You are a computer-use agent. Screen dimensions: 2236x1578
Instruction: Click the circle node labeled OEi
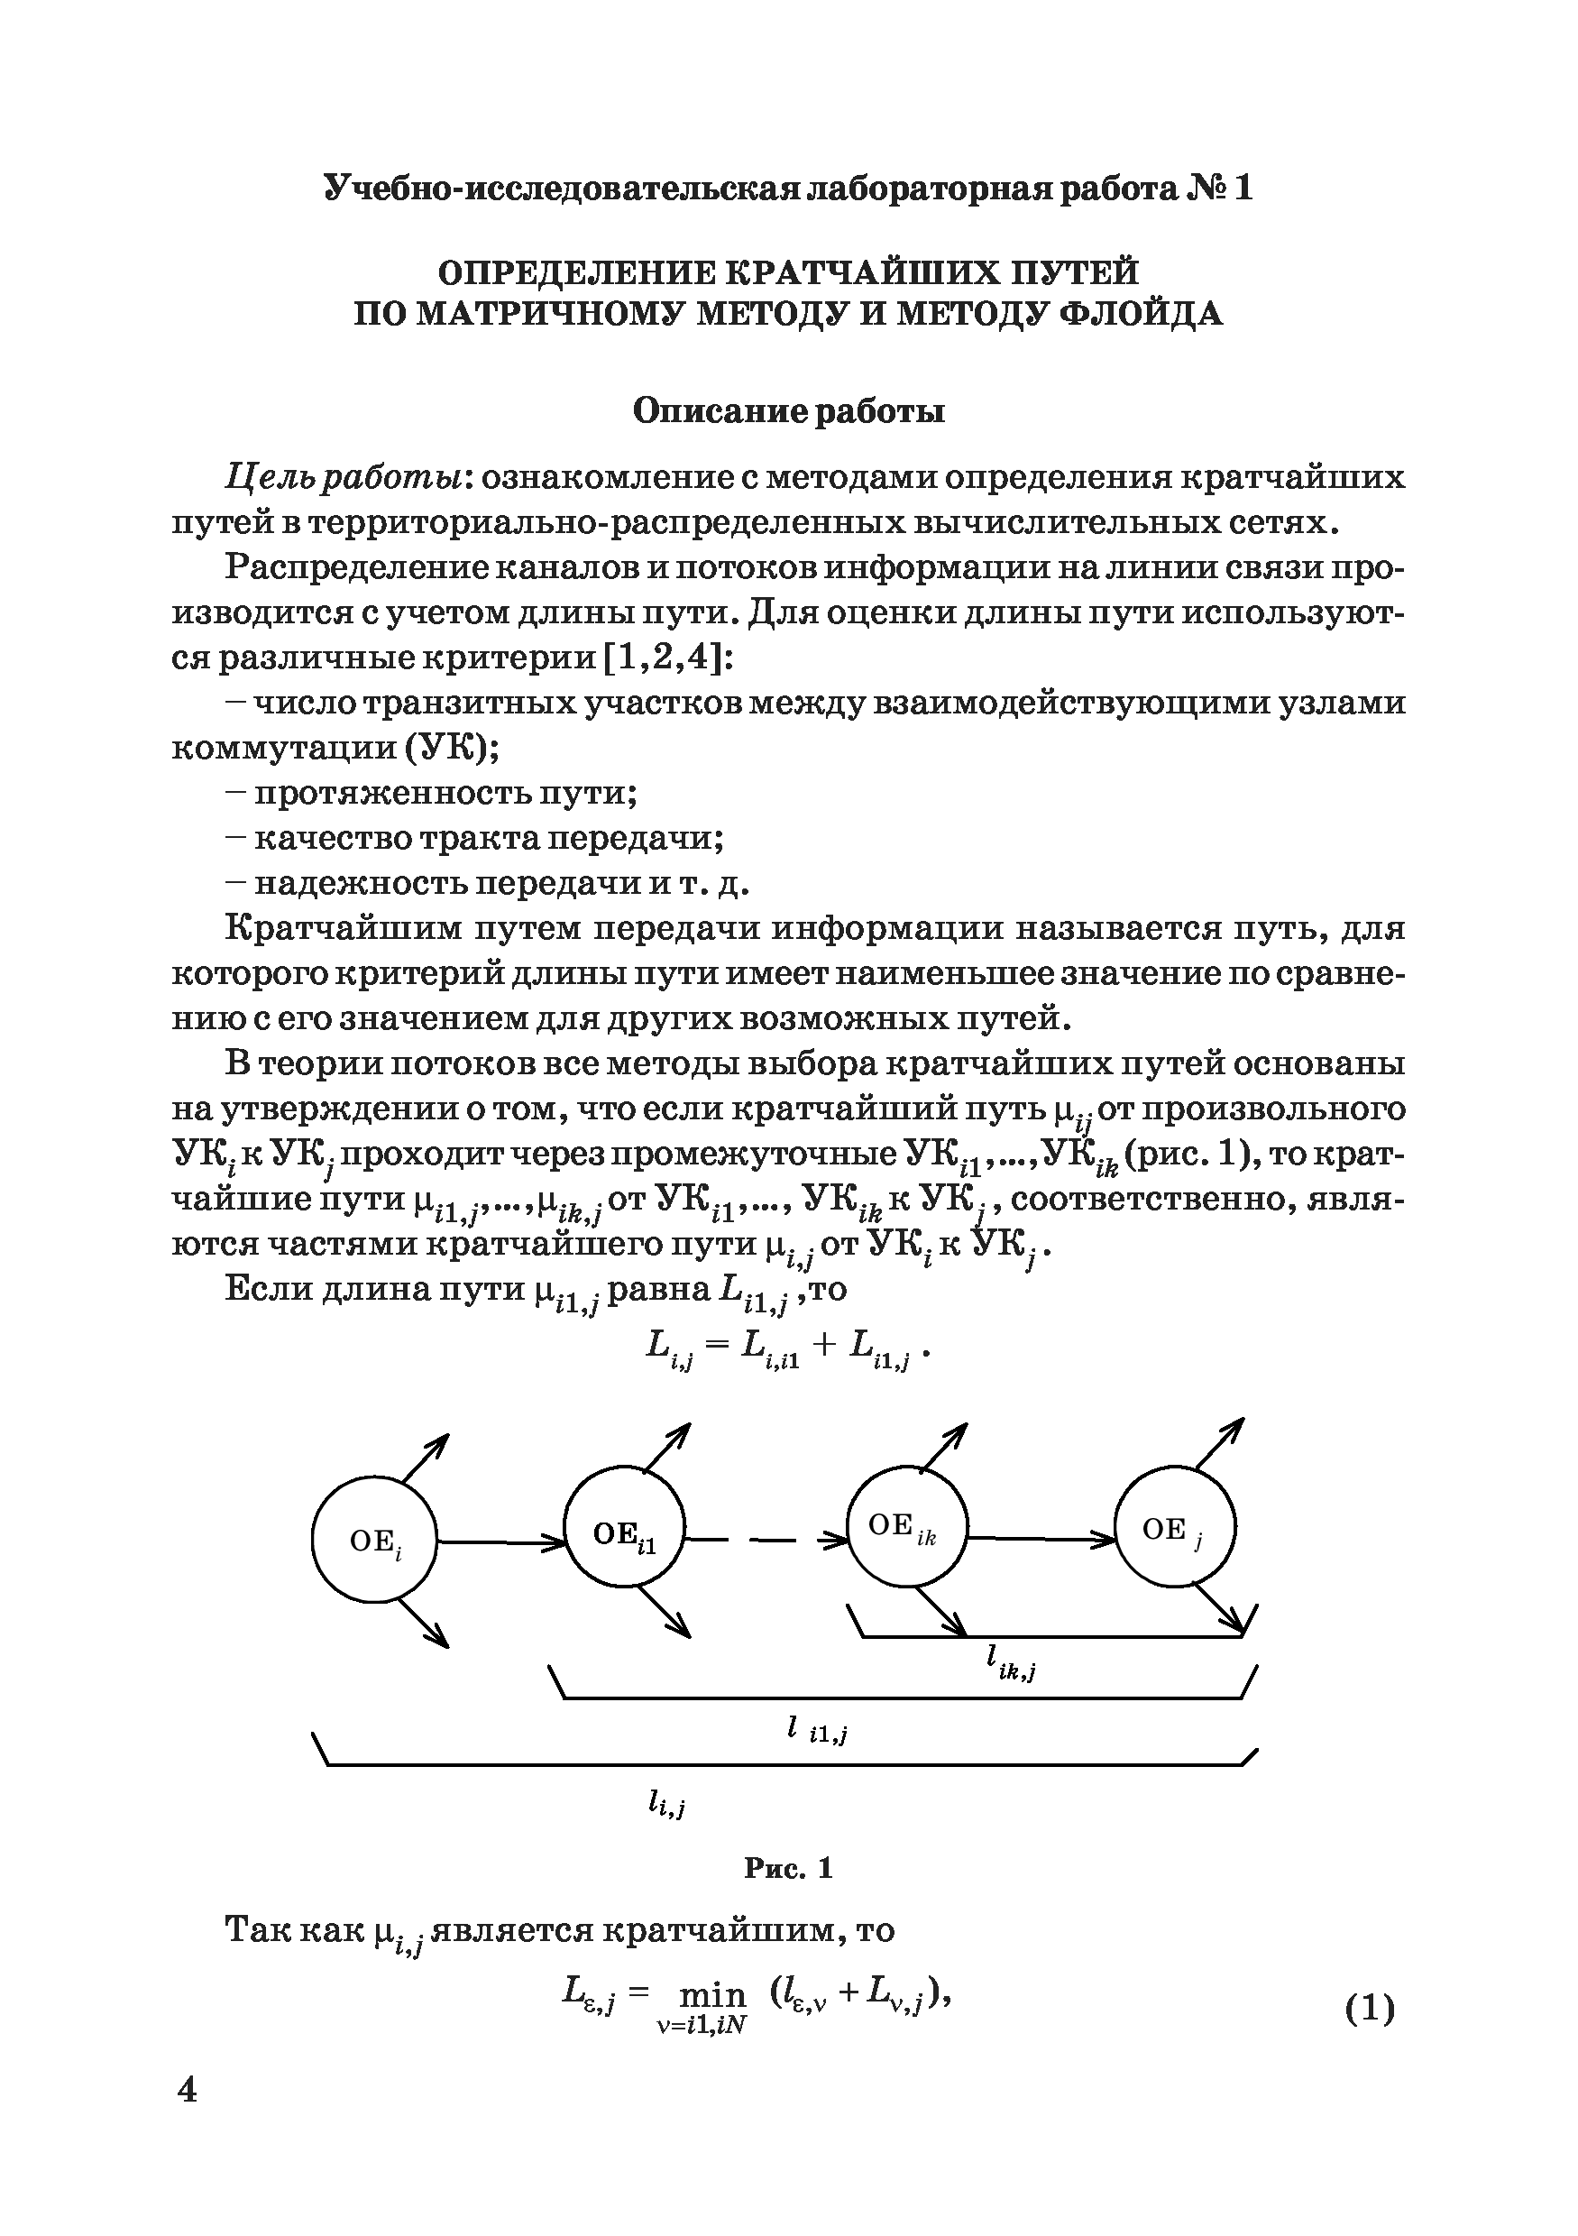(374, 1540)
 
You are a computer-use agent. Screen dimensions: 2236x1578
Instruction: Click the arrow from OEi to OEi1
(500, 1541)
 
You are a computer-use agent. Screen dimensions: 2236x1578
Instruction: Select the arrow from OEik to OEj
(1041, 1539)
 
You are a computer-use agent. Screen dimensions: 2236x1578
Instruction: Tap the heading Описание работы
(788, 412)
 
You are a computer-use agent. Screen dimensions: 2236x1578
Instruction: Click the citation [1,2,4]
(665, 658)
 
